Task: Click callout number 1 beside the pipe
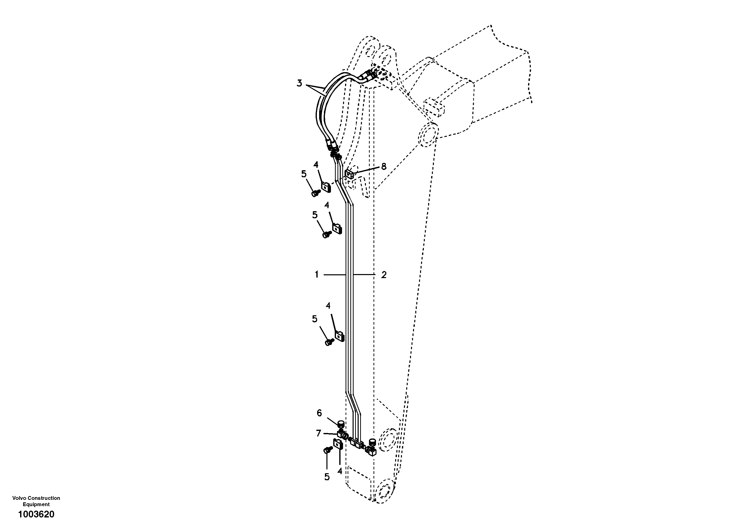tap(316, 275)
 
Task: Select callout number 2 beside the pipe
tap(384, 275)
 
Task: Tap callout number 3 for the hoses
tap(299, 83)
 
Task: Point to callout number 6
tap(319, 413)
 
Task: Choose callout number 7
tap(318, 433)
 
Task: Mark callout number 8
tap(384, 166)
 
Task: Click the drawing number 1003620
tap(36, 515)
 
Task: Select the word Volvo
tap(19, 498)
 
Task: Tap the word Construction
tap(44, 498)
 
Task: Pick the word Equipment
tap(36, 504)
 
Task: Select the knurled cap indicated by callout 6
tap(341, 424)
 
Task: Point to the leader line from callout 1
tap(334, 275)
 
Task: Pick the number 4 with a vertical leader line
tap(340, 471)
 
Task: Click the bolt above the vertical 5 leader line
tap(327, 450)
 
